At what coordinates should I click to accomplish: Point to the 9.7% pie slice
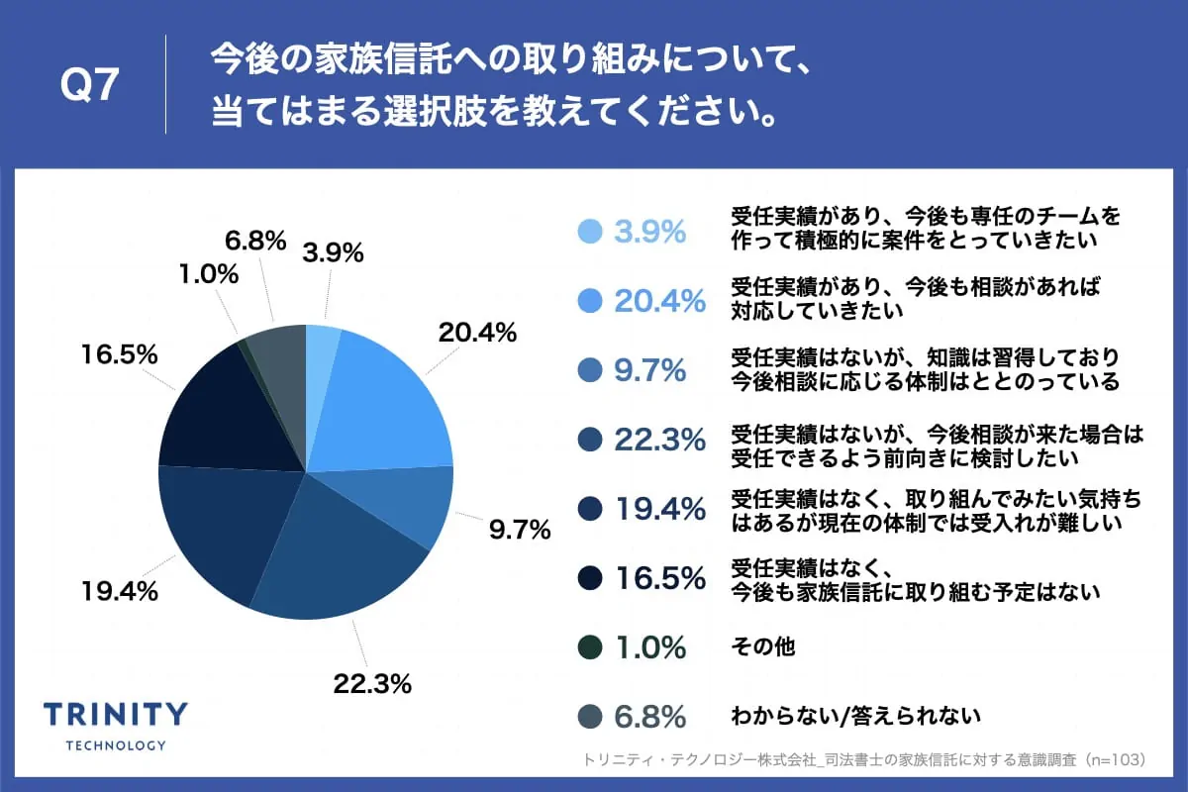point(416,505)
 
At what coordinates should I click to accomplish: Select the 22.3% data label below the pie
point(372,683)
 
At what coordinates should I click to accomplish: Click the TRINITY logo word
point(116,714)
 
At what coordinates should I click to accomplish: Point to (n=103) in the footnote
point(1115,760)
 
